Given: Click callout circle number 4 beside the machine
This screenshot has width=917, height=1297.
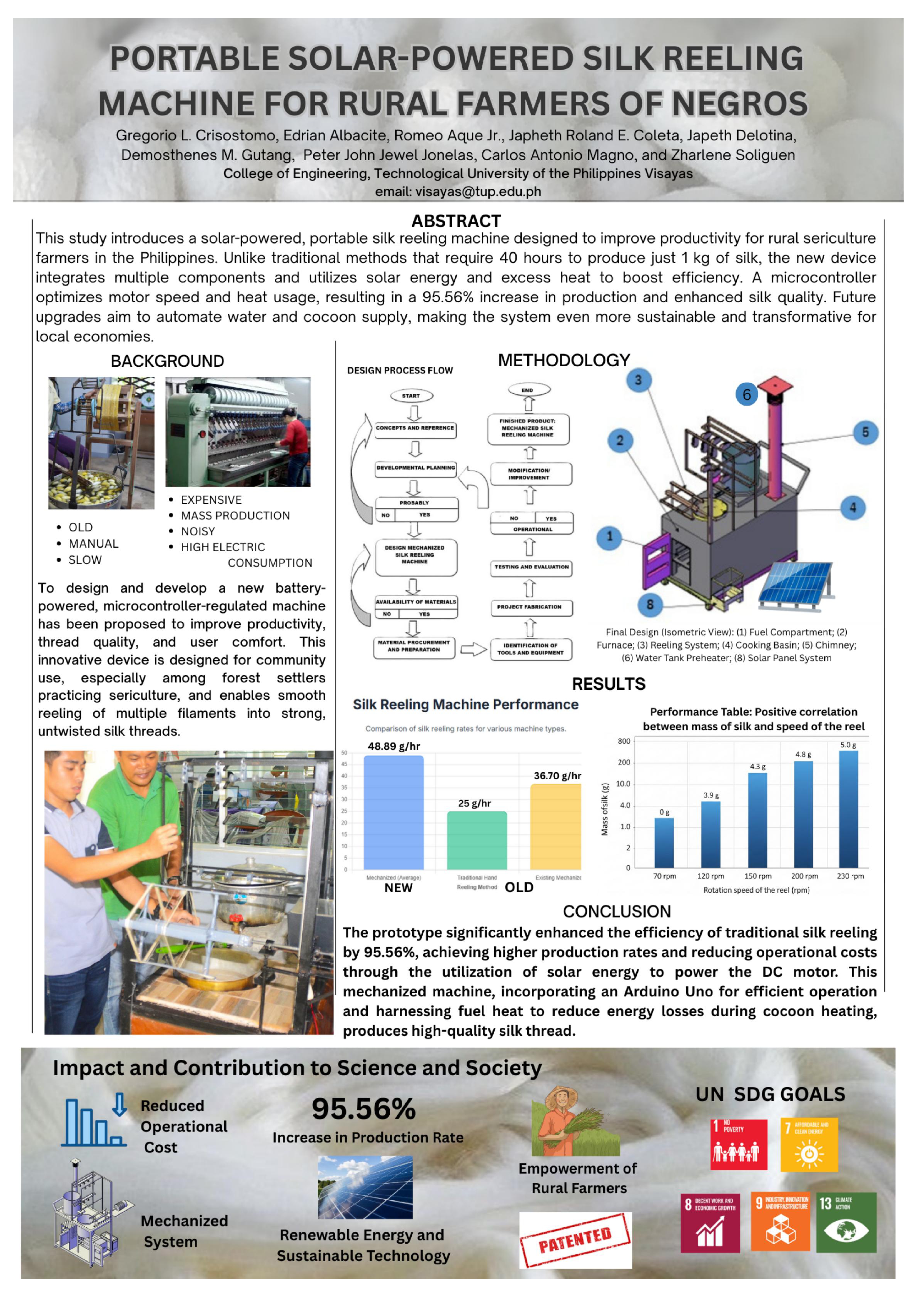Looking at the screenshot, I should [853, 507].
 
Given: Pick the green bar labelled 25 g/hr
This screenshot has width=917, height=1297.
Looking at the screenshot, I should [477, 841].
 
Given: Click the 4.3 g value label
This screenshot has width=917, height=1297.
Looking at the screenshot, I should [758, 767].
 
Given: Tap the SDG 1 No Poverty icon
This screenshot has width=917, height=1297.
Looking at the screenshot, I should [739, 1144].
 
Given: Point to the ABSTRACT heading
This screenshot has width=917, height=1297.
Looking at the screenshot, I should [456, 221].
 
